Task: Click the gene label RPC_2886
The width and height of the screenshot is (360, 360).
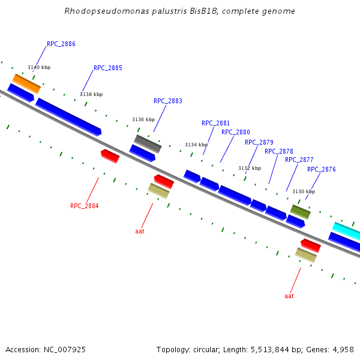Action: click(61, 44)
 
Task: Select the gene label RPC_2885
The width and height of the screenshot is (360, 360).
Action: click(108, 68)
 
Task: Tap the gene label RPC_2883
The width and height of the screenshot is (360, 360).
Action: click(168, 101)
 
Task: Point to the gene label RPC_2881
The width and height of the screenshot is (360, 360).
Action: click(215, 124)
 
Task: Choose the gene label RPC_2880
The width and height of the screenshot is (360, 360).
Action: click(236, 133)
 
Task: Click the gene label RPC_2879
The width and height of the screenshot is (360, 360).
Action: click(259, 143)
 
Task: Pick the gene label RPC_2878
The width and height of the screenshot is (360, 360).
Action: click(279, 152)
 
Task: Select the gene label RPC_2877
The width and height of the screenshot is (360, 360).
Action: click(299, 160)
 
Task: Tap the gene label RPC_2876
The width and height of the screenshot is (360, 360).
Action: click(322, 170)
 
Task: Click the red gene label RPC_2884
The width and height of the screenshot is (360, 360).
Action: click(84, 206)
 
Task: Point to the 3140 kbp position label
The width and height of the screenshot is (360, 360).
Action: click(39, 68)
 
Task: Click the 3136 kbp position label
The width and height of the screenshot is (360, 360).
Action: click(143, 119)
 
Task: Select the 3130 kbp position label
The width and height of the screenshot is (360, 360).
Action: click(303, 192)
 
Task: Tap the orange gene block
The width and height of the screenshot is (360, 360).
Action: click(26, 83)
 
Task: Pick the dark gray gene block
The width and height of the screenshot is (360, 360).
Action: click(148, 143)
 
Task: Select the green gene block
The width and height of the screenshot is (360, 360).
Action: click(301, 211)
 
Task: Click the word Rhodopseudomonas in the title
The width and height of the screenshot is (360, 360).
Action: click(102, 11)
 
